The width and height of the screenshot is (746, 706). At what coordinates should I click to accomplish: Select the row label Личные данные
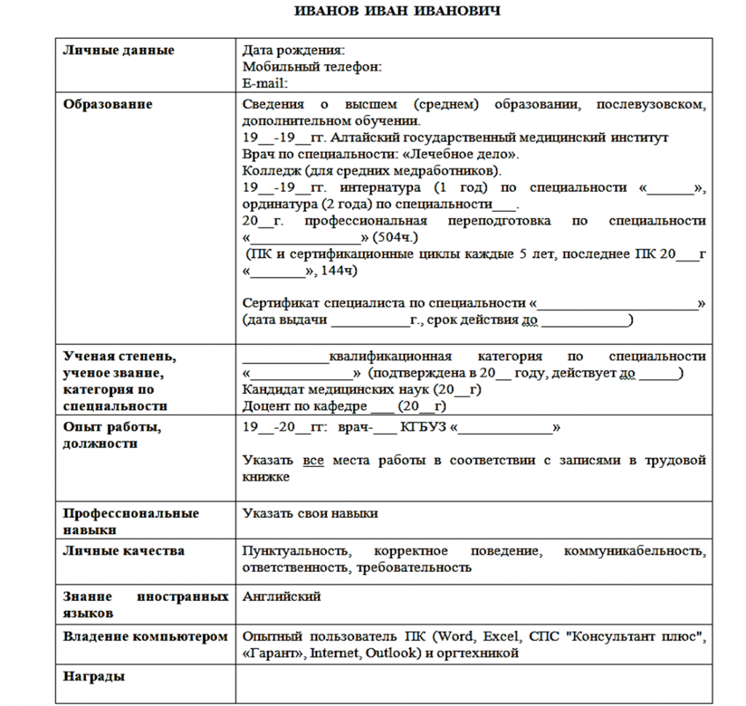click(x=119, y=51)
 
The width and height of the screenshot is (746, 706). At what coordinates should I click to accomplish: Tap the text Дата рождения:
click(x=293, y=51)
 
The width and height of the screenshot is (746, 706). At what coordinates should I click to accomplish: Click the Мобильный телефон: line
click(x=313, y=67)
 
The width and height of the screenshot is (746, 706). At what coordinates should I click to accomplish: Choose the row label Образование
click(x=108, y=104)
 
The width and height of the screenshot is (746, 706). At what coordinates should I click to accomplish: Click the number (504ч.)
click(x=394, y=238)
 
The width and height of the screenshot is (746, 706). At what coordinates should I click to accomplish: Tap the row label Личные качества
click(x=124, y=551)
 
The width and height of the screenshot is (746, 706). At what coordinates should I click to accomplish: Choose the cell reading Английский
click(x=282, y=597)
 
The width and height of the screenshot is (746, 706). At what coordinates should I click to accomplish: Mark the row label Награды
click(x=94, y=677)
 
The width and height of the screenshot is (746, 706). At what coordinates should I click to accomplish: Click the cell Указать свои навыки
click(x=310, y=514)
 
